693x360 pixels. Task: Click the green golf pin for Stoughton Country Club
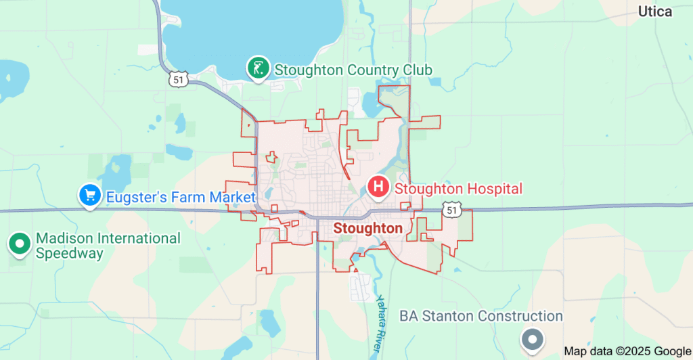pos(258,68)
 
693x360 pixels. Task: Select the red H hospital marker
pos(378,185)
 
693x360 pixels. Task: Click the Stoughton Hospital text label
pos(458,188)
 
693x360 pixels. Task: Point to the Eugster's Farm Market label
pos(179,198)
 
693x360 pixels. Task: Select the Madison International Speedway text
pos(108,246)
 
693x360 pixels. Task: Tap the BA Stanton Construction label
pos(480,316)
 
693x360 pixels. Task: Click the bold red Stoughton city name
pos(368,229)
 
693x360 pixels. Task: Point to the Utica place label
pos(655,12)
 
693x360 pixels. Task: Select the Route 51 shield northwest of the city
pos(178,80)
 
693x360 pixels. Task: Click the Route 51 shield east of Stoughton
pos(451,210)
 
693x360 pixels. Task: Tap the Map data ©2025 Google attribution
pos(627,352)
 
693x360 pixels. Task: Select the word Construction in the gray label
pos(520,316)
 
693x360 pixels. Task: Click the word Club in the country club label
pos(418,70)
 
